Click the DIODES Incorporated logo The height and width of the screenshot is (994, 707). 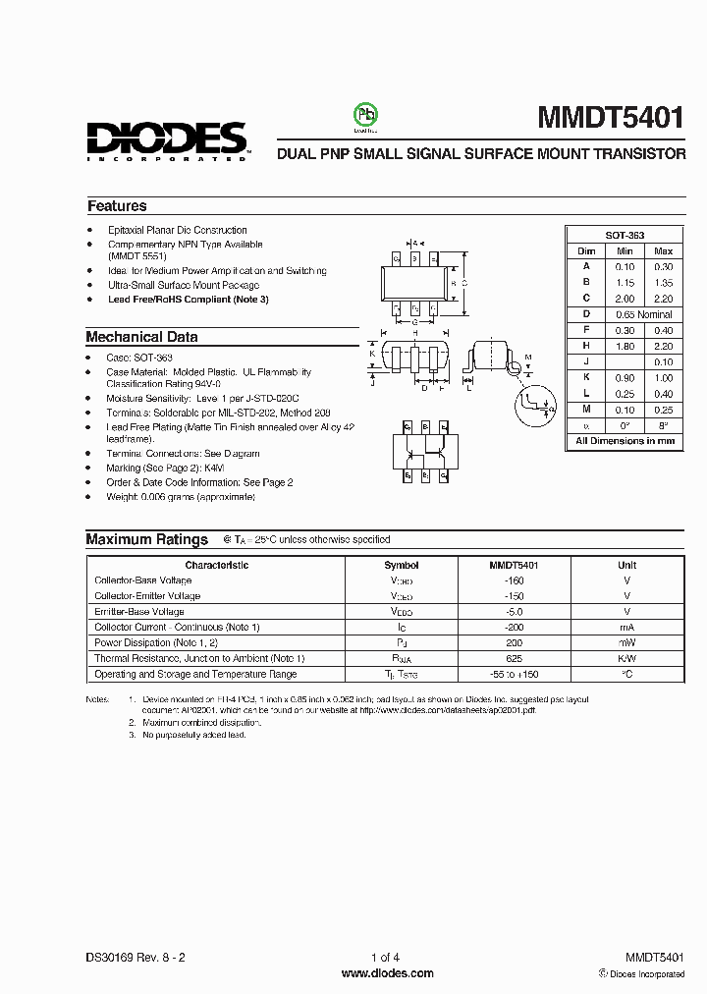point(166,140)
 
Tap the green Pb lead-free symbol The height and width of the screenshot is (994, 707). point(365,116)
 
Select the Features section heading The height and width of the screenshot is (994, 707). point(117,206)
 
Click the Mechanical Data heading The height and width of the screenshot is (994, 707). point(141,337)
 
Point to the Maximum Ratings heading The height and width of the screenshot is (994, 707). point(146,539)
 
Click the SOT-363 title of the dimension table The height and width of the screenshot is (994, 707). point(625,236)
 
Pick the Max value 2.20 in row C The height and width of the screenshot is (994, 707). point(663,298)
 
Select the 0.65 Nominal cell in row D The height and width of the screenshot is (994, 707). point(643,313)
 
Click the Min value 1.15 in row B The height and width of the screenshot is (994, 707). point(625,282)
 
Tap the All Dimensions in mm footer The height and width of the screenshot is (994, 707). point(625,441)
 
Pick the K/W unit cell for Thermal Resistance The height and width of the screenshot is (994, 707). point(626,658)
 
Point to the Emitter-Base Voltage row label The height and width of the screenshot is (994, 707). point(138,611)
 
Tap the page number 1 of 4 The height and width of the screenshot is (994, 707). point(386,957)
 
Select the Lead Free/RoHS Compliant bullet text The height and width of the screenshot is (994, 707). point(188,299)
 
